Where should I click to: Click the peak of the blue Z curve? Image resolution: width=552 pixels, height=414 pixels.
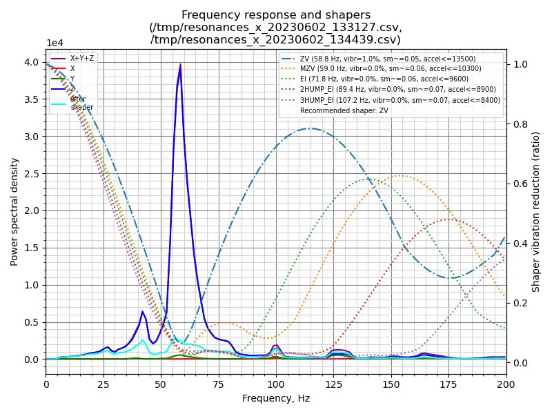181,65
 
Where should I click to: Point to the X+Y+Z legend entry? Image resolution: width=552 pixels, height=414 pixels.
81,59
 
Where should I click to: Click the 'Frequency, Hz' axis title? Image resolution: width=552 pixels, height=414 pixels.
276,398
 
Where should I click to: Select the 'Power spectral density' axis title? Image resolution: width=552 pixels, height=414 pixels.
14,211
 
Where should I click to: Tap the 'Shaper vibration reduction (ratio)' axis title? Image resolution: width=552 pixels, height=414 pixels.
536,211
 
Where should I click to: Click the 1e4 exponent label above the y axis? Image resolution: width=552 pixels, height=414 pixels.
55,43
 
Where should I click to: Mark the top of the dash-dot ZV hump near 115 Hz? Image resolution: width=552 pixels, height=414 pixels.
310,128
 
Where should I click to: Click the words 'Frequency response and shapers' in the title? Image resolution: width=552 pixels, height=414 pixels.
276,15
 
